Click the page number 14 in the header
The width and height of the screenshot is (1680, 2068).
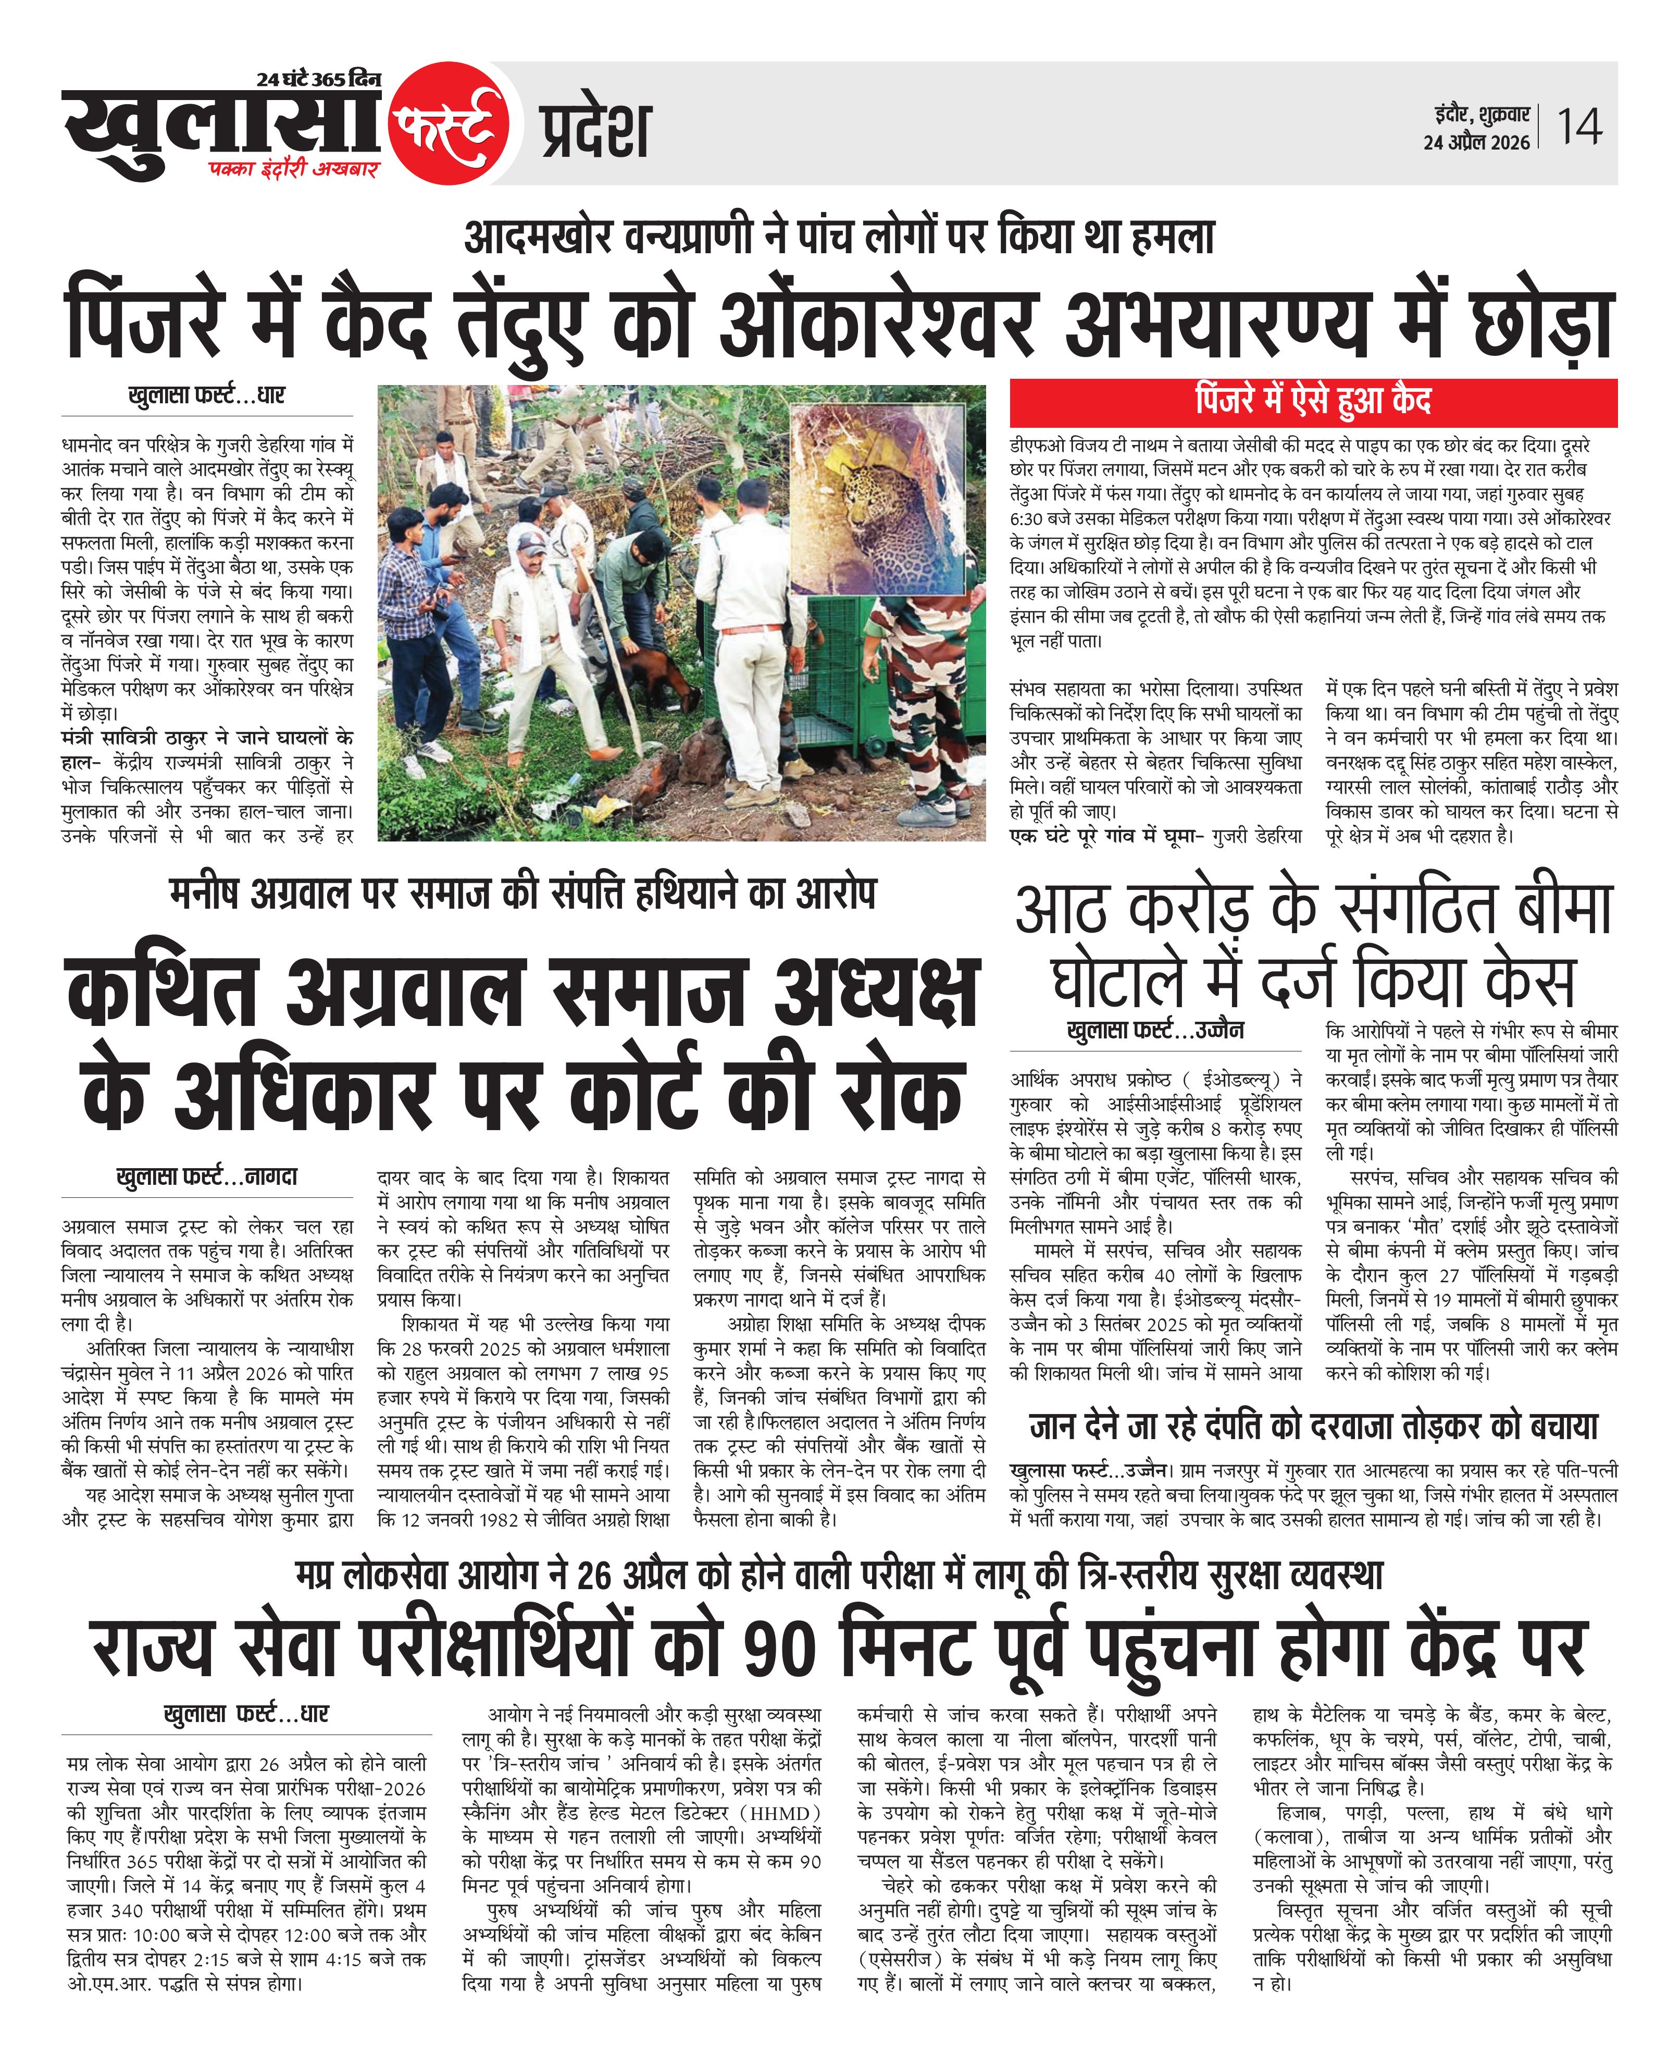[x=1579, y=127]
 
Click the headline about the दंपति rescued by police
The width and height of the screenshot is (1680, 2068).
[x=1313, y=1426]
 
